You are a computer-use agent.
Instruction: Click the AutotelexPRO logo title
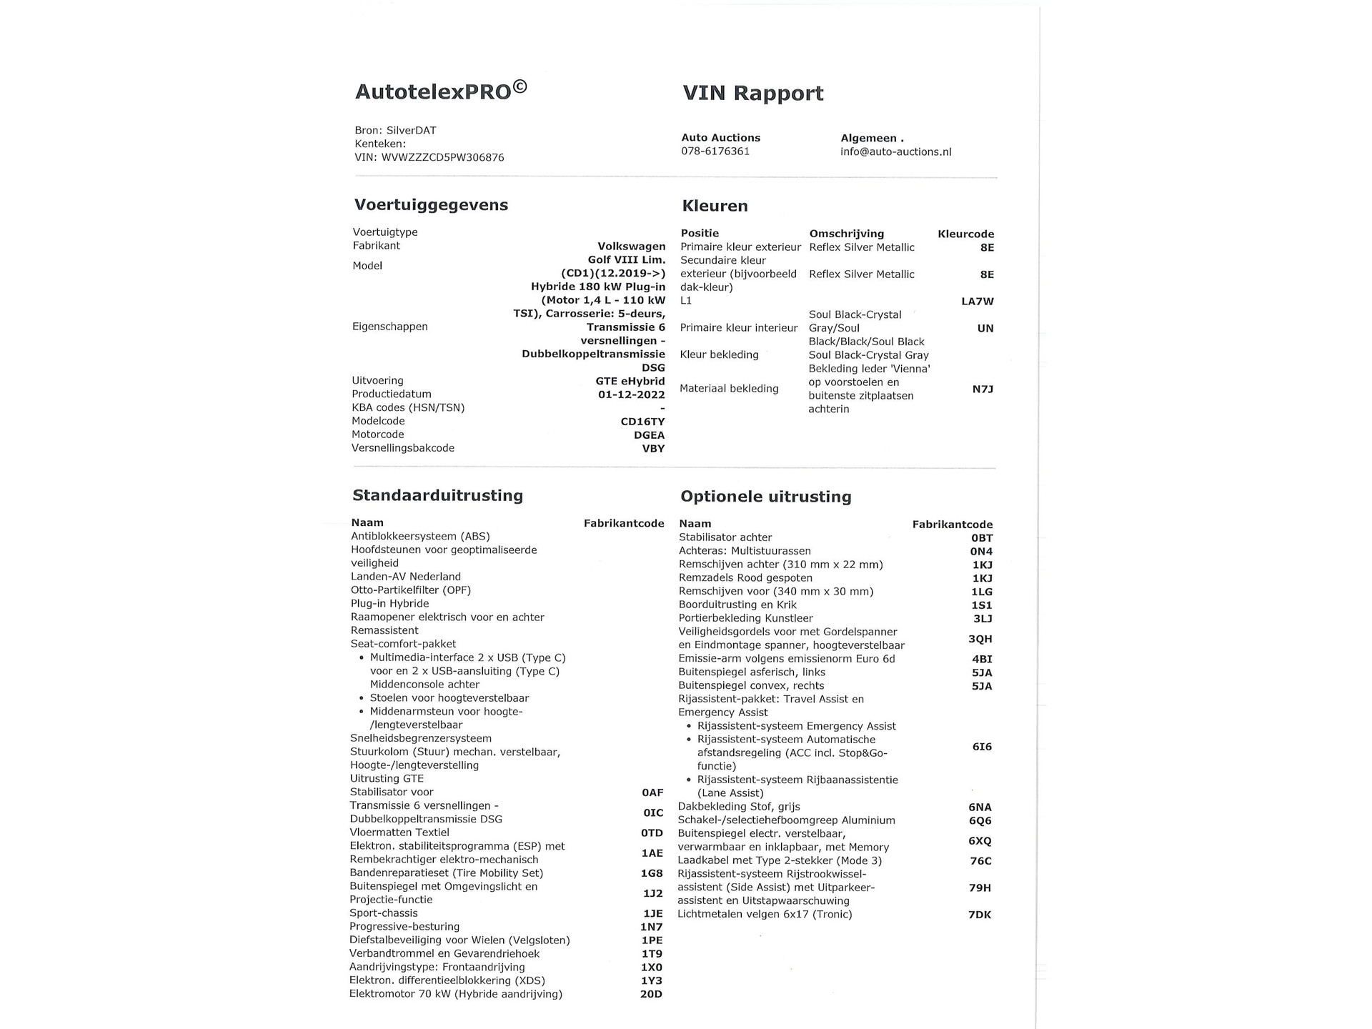tap(440, 91)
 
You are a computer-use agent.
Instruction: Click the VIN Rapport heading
tap(752, 94)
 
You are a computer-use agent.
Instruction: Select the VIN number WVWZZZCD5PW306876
tap(442, 157)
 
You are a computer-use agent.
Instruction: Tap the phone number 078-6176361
tap(715, 151)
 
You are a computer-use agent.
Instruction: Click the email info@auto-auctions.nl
tap(895, 151)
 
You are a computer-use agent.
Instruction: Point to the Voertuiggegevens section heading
tap(431, 205)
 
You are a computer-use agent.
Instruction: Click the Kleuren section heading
tap(715, 207)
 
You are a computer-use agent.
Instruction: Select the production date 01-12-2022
tap(631, 394)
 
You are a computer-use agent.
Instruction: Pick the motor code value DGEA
tap(649, 435)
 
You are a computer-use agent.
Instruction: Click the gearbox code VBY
tap(653, 449)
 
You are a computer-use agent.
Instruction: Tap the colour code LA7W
tap(977, 302)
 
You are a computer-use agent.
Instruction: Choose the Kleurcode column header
tap(965, 234)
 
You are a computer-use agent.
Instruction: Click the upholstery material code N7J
tap(983, 389)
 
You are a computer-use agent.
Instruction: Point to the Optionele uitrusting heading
tap(765, 497)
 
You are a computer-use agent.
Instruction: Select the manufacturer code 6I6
tap(982, 747)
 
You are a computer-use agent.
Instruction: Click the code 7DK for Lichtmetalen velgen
tap(980, 915)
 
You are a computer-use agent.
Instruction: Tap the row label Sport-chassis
tap(383, 913)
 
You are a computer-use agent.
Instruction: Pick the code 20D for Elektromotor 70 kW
tap(651, 994)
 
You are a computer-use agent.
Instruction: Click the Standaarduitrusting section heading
tap(437, 496)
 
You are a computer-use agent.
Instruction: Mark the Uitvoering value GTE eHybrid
tap(630, 381)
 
